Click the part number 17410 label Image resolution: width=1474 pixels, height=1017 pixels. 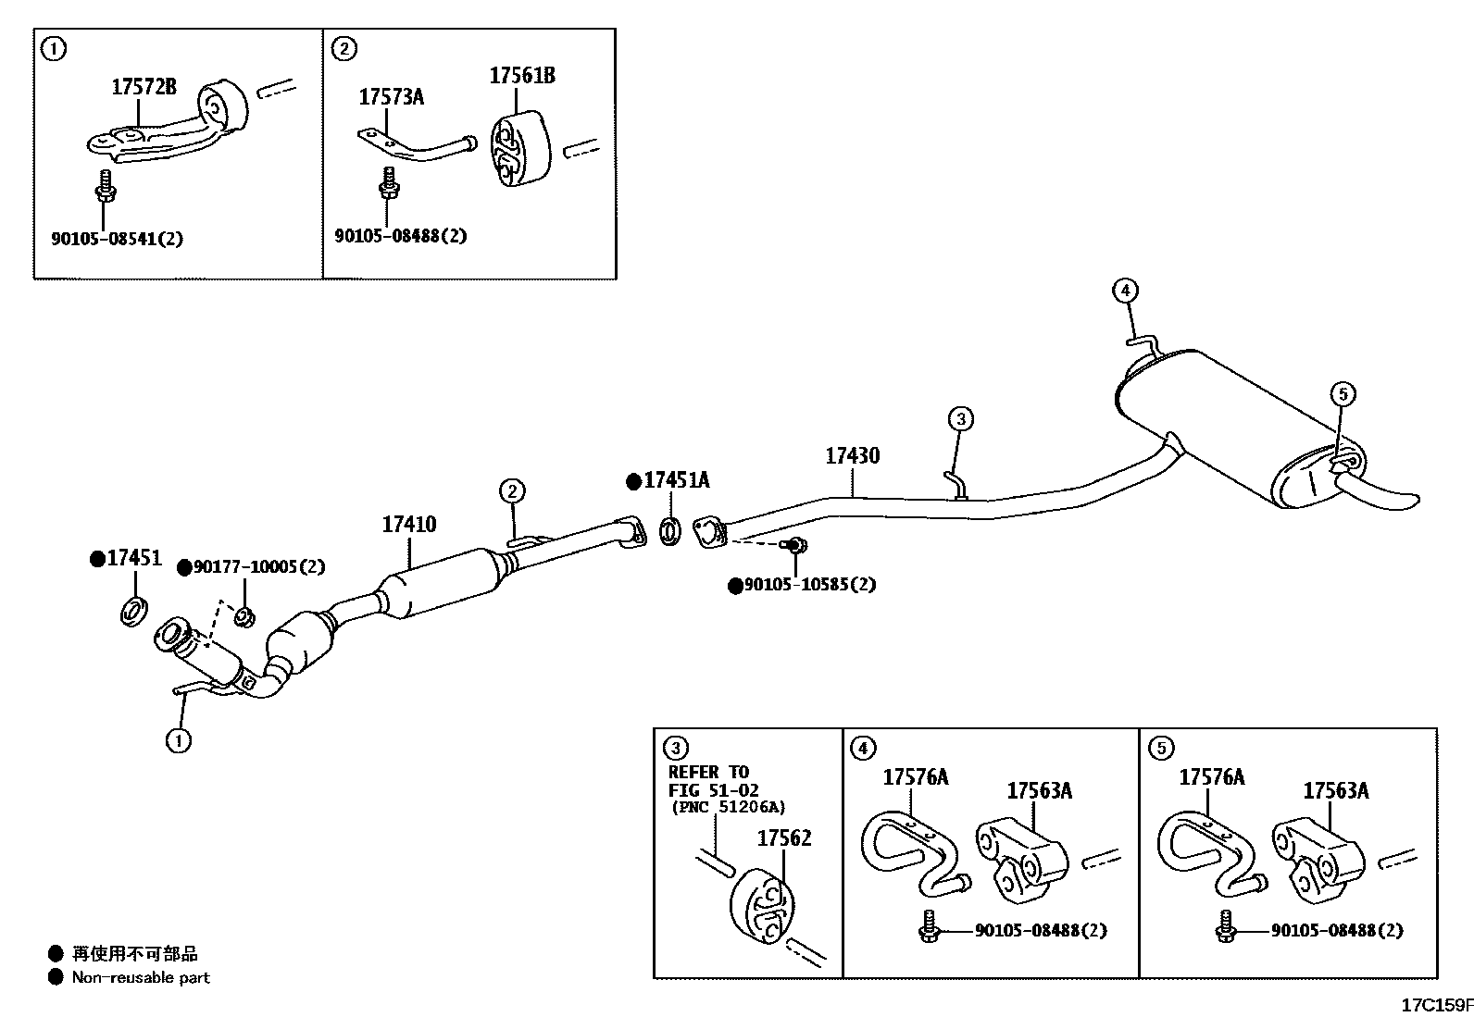(408, 525)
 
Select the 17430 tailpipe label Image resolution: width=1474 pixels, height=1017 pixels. (852, 455)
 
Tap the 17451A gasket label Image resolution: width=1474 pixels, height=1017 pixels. (677, 480)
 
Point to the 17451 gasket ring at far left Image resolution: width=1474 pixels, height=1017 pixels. (134, 611)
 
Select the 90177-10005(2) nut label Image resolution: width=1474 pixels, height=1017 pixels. (258, 566)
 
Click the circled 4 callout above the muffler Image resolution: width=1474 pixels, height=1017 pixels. (1124, 291)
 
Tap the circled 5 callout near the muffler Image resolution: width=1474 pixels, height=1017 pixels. (1343, 394)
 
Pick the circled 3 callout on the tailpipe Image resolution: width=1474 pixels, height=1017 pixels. (961, 419)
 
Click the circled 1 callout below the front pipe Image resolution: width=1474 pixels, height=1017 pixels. (179, 739)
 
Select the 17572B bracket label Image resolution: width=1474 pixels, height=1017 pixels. (144, 87)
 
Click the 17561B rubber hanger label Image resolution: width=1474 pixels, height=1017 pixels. (522, 76)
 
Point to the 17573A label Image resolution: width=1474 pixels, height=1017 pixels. (391, 96)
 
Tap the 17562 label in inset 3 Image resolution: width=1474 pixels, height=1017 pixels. (783, 837)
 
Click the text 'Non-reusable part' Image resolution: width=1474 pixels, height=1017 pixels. (141, 977)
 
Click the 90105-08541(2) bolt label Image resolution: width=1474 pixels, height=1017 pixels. (117, 239)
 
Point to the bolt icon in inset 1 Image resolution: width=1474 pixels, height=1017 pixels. (105, 186)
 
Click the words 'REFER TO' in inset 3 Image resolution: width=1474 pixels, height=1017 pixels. (708, 772)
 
